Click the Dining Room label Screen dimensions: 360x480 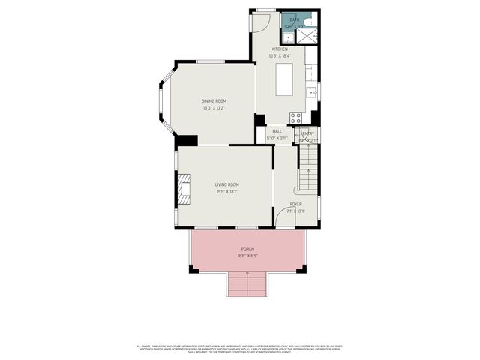[214, 101]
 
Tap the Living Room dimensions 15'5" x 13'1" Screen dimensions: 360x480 [226, 191]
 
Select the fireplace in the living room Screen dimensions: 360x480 [184, 187]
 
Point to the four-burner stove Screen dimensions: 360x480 [295, 118]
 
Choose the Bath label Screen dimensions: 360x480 [295, 20]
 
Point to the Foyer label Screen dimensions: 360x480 [296, 204]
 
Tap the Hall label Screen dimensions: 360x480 [277, 131]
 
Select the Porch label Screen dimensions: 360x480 [247, 249]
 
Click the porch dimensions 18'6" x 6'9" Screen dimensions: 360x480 [247, 256]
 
